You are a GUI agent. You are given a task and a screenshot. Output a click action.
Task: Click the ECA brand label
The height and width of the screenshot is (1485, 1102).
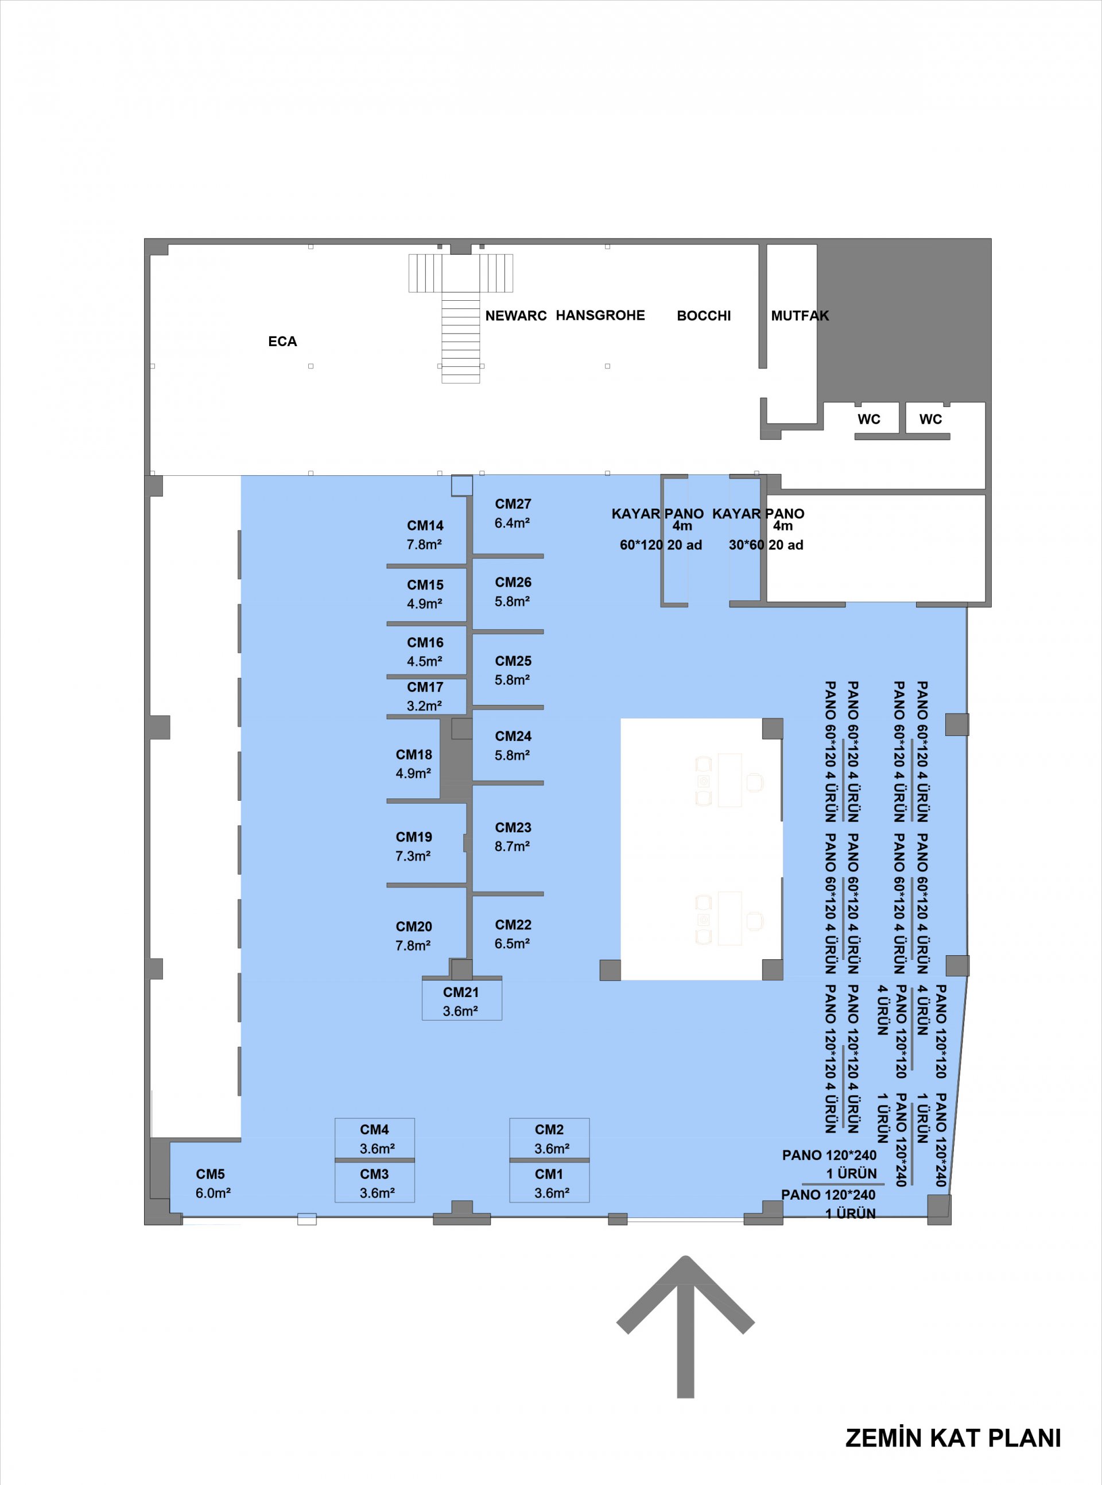pos(282,342)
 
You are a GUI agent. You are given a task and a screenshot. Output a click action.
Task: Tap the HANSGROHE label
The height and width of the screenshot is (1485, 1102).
pos(600,316)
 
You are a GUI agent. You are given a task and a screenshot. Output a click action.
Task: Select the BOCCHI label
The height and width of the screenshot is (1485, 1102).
pos(704,316)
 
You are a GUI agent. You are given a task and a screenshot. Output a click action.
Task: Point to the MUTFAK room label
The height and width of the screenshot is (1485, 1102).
pos(800,316)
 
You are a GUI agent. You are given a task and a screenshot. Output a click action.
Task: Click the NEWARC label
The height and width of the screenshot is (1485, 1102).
pos(515,316)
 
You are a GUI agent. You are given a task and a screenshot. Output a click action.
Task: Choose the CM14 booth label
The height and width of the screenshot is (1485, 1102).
pos(425,526)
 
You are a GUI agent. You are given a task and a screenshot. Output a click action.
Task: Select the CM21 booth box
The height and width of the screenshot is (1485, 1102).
pos(461,998)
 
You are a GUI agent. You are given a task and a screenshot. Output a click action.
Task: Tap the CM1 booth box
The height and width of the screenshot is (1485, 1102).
pos(549,1181)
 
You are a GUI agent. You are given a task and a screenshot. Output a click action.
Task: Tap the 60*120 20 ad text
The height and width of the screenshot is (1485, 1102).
pos(661,545)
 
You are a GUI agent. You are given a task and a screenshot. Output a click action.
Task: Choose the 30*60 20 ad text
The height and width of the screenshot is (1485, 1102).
pos(766,545)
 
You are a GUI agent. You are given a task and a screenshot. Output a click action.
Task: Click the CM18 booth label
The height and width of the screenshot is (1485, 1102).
pos(414,754)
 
